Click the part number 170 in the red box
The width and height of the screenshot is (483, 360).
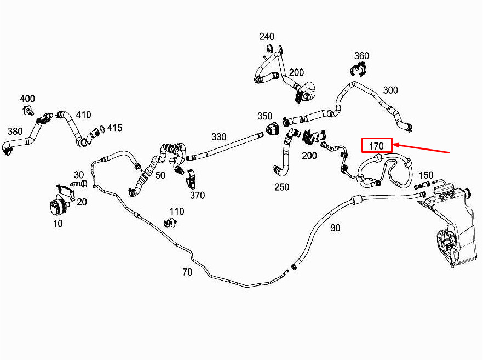pyautogui.click(x=376, y=145)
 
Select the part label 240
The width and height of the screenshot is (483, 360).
pyautogui.click(x=267, y=37)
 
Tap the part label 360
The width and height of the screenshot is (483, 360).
pyautogui.click(x=361, y=56)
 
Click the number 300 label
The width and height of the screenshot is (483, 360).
pyautogui.click(x=390, y=90)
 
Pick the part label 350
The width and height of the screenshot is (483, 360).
pyautogui.click(x=265, y=116)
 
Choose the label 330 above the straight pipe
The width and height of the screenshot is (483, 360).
pyautogui.click(x=219, y=137)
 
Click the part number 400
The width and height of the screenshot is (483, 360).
pyautogui.click(x=27, y=99)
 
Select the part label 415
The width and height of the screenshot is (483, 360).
pyautogui.click(x=114, y=128)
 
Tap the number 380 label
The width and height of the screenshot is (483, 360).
pyautogui.click(x=15, y=131)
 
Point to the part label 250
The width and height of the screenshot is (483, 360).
pyautogui.click(x=281, y=187)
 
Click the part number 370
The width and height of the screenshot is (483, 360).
pyautogui.click(x=197, y=195)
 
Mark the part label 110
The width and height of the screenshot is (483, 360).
pyautogui.click(x=176, y=212)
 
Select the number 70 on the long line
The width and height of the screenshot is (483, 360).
pyautogui.click(x=187, y=272)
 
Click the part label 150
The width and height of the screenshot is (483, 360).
pyautogui.click(x=426, y=175)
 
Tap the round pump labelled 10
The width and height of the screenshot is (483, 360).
pyautogui.click(x=58, y=208)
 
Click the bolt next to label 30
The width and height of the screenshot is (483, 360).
pyautogui.click(x=79, y=183)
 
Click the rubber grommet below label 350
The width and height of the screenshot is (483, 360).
pyautogui.click(x=272, y=130)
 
